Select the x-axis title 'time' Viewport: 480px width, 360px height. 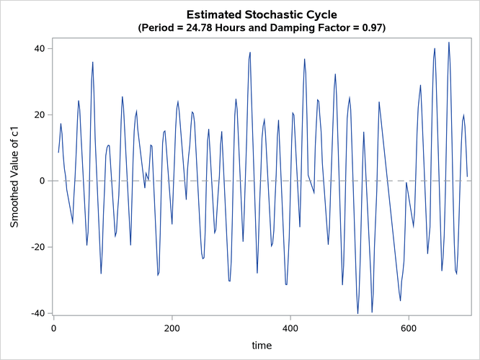261,346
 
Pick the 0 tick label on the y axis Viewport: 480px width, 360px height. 41,181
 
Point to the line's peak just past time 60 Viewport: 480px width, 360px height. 92,62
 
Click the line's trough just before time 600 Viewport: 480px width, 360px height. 400,300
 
